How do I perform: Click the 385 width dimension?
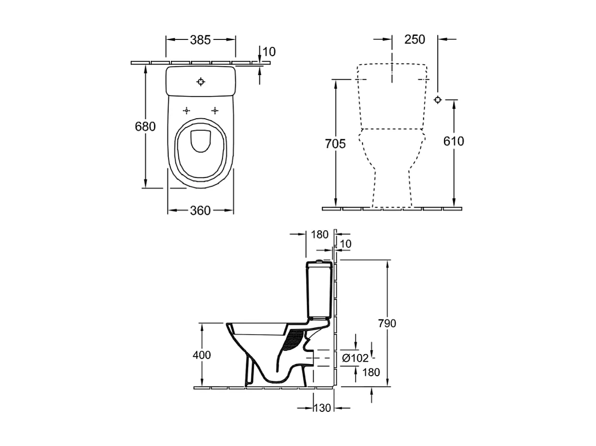pos(200,39)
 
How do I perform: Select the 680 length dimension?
pos(145,126)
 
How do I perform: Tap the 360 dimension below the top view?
pos(200,211)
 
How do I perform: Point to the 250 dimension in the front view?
pos(415,39)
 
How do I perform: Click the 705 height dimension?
pos(336,143)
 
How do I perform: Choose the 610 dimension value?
pos(454,141)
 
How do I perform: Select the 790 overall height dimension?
pos(387,323)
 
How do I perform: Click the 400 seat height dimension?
pos(201,355)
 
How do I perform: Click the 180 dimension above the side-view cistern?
pos(319,234)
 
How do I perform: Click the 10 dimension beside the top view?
pos(269,51)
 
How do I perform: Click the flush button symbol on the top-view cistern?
pos(200,81)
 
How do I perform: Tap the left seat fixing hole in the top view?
pos(187,111)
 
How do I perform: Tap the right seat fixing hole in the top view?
pos(215,111)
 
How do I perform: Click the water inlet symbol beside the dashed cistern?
pos(438,99)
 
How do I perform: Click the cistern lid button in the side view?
pos(319,261)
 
